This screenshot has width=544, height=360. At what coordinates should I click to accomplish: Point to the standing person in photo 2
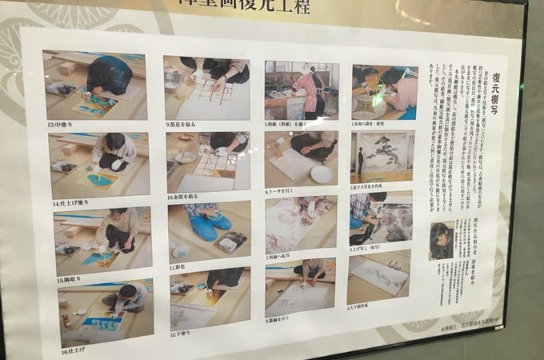click(x=361, y=161)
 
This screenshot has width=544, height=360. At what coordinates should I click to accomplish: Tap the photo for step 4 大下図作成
click(x=378, y=275)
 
